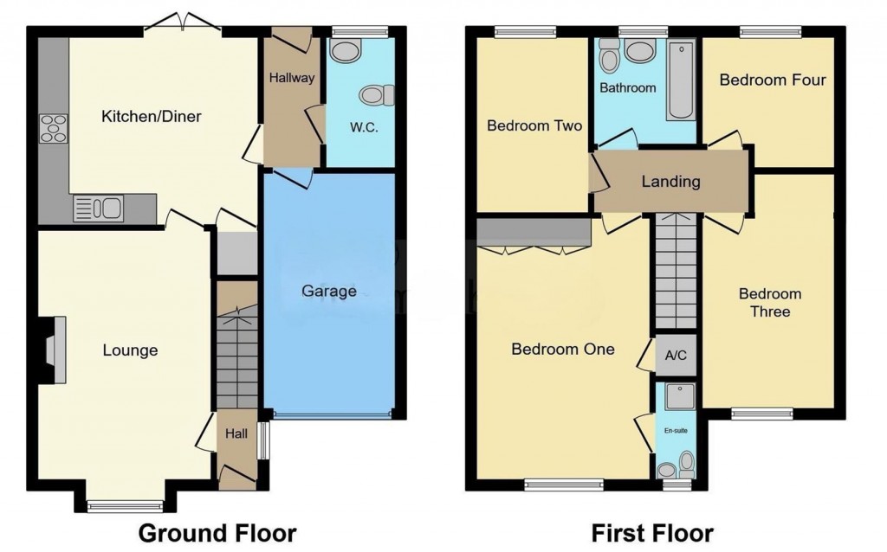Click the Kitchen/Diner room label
151,116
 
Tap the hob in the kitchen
53,128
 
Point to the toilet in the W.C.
378,94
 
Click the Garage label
329,291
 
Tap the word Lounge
130,350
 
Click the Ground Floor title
217,533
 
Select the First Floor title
651,533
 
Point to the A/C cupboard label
676,355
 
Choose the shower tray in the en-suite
677,397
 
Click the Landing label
670,182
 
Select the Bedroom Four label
773,80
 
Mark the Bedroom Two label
534,125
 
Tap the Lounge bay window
125,506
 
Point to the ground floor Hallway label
291,78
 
